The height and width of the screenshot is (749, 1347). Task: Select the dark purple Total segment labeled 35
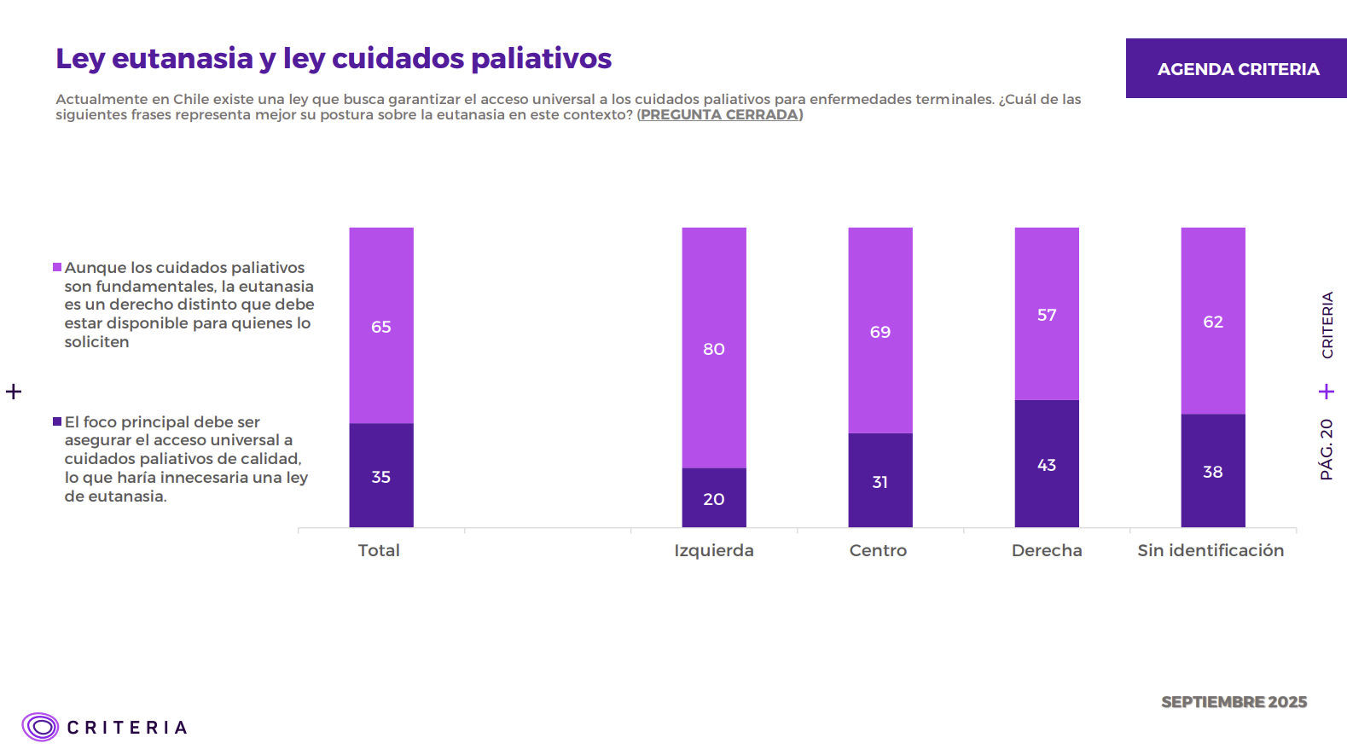click(x=381, y=452)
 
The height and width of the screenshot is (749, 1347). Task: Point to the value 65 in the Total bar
click(x=381, y=327)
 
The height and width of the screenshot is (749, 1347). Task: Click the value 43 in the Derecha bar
click(x=1047, y=465)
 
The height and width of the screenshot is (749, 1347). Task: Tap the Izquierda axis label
click(x=714, y=550)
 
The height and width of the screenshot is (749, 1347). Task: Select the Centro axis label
click(x=878, y=550)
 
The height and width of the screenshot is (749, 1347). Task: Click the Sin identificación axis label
click(x=1211, y=550)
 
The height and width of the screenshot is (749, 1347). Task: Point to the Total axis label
click(x=379, y=550)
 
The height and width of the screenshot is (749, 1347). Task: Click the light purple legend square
click(x=57, y=267)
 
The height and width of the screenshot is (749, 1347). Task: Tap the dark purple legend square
click(x=57, y=421)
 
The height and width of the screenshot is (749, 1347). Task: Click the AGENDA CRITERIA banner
click(x=1238, y=68)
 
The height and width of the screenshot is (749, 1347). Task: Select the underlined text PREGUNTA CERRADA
click(x=719, y=114)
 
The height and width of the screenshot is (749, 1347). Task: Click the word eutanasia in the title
click(x=183, y=58)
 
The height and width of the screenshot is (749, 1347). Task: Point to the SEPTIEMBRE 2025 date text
click(x=1234, y=701)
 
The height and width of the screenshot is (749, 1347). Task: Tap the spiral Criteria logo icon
click(x=40, y=727)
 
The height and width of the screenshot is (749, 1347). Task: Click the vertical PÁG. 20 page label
click(x=1327, y=449)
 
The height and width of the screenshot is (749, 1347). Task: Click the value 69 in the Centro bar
click(x=880, y=332)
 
